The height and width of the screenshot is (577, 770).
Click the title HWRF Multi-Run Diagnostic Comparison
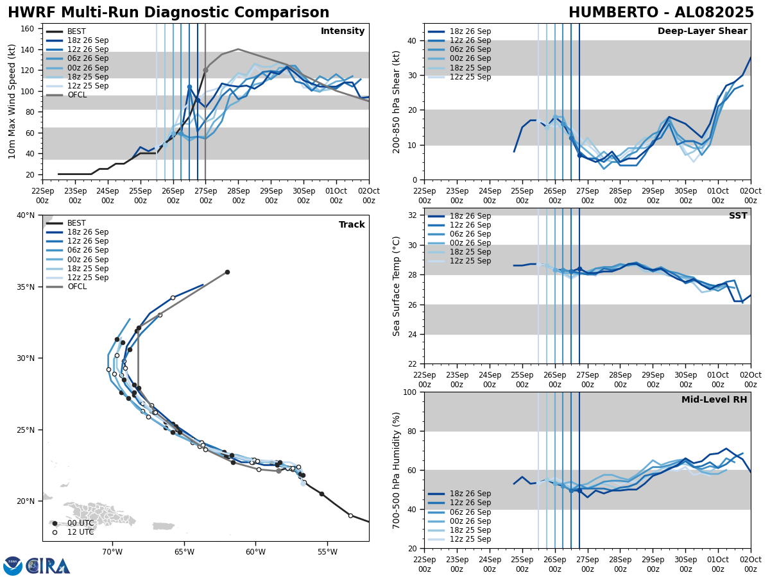click(168, 13)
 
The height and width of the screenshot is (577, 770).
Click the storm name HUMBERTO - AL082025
click(661, 13)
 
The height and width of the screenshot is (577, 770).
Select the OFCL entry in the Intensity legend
click(77, 95)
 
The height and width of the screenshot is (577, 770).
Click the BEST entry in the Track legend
click(76, 223)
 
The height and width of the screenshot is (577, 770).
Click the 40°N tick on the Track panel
click(26, 215)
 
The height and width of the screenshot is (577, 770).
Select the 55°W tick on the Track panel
click(327, 552)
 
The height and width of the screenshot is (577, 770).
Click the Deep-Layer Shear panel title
click(702, 31)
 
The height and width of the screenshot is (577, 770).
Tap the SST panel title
click(738, 216)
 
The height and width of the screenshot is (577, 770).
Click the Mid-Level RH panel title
click(714, 400)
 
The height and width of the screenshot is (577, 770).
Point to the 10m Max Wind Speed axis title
click(12, 101)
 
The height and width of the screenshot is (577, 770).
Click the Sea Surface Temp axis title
click(397, 286)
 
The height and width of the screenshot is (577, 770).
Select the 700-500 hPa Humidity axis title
click(397, 470)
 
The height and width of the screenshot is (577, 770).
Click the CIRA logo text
click(48, 566)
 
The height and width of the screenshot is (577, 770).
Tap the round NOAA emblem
click(13, 566)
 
